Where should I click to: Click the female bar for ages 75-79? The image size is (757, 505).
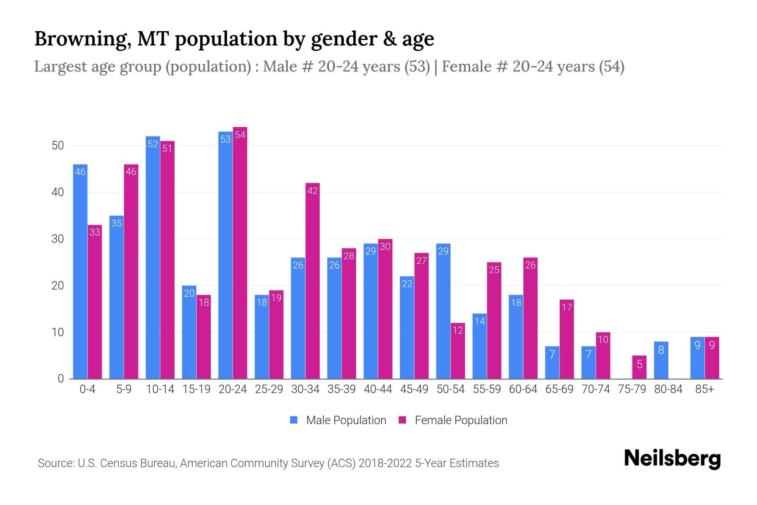tap(639, 367)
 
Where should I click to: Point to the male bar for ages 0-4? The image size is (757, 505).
tap(80, 271)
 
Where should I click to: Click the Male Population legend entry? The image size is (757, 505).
tap(338, 420)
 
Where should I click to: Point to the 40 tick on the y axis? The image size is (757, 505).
tap(58, 192)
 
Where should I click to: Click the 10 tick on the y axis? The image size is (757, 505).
tap(58, 332)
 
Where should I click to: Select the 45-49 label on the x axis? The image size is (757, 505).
tap(414, 389)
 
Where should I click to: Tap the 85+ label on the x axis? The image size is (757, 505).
tap(704, 389)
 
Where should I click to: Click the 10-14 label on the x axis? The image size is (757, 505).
tap(160, 389)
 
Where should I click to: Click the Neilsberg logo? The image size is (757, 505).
tap(672, 459)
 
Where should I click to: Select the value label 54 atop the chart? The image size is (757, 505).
tap(240, 135)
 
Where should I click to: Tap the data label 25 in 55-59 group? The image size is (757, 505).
tap(494, 270)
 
